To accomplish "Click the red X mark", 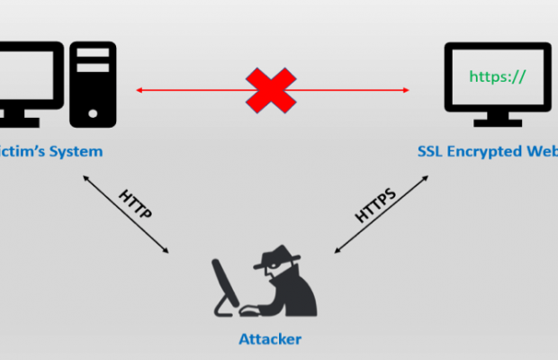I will pos(272,90).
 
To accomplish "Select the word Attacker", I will pos(269,339).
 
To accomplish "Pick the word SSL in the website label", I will pos(430,151).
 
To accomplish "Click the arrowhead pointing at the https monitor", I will pos(406,90).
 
